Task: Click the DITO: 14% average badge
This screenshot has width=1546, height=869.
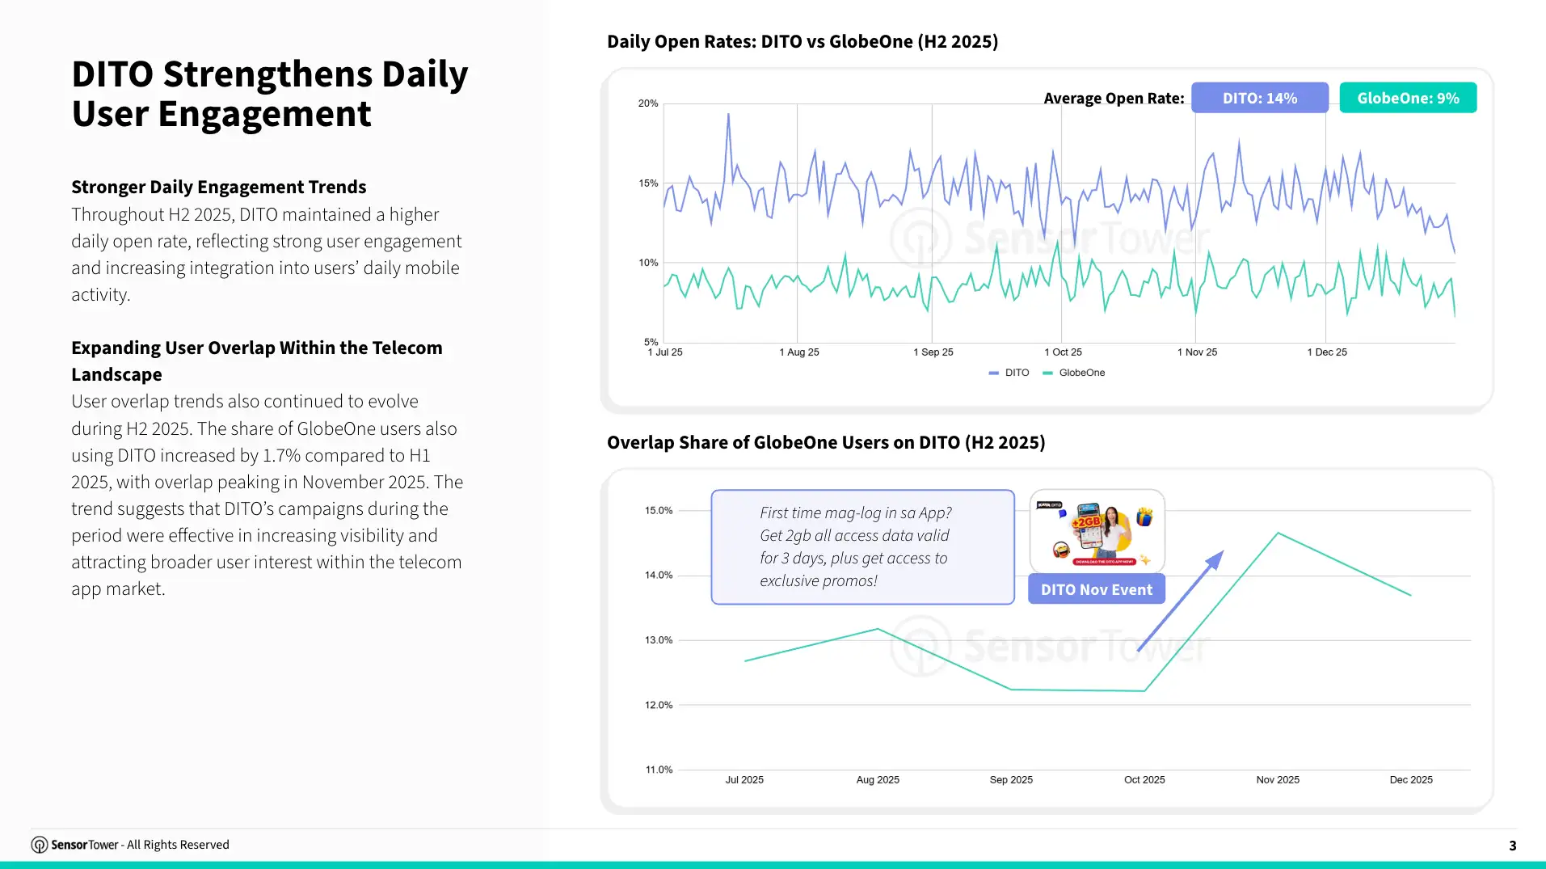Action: tap(1259, 98)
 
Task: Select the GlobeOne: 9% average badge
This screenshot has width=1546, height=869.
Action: tap(1408, 98)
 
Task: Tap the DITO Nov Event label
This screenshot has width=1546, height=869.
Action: tap(1096, 589)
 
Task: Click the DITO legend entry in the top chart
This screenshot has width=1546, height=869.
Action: tap(1009, 373)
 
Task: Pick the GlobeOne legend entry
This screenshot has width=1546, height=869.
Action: tap(1074, 373)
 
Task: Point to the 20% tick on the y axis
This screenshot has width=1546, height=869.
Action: tap(648, 103)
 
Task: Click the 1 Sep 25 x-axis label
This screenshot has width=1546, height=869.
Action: tap(933, 352)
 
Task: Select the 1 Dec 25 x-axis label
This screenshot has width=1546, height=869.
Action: tap(1327, 352)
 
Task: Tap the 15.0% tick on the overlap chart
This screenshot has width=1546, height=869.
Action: tap(659, 511)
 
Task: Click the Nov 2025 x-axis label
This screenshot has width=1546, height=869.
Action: tap(1278, 780)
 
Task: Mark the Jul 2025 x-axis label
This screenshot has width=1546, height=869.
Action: tap(744, 780)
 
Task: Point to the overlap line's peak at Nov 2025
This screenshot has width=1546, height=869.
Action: tap(1278, 533)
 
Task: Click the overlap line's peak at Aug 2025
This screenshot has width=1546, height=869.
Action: tap(878, 629)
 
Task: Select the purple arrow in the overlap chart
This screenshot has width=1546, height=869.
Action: tap(1181, 601)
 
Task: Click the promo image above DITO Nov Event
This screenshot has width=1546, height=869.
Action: tap(1097, 531)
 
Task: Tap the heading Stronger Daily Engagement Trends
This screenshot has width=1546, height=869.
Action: tap(219, 187)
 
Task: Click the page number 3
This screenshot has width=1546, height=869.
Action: tap(1512, 846)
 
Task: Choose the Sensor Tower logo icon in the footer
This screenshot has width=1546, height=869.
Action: tap(40, 845)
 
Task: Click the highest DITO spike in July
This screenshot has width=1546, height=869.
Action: tap(728, 114)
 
